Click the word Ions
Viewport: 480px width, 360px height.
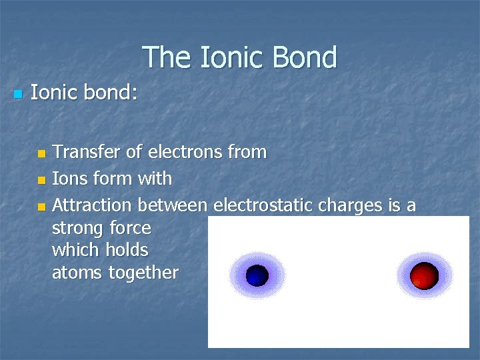(x=68, y=179)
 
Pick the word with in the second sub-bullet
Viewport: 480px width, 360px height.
(x=155, y=179)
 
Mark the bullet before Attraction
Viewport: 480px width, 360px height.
(x=41, y=206)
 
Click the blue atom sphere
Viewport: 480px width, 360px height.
(x=257, y=275)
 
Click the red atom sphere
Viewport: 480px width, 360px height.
(x=424, y=275)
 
